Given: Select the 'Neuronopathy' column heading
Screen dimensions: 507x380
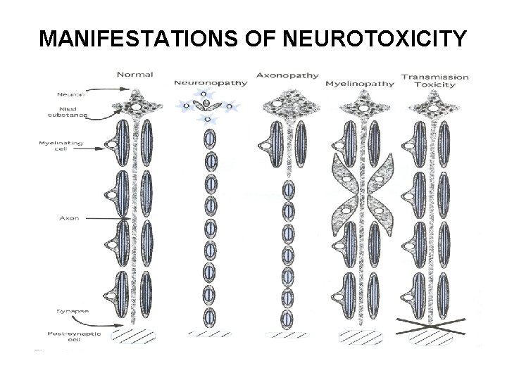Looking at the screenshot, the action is tap(211, 82).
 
